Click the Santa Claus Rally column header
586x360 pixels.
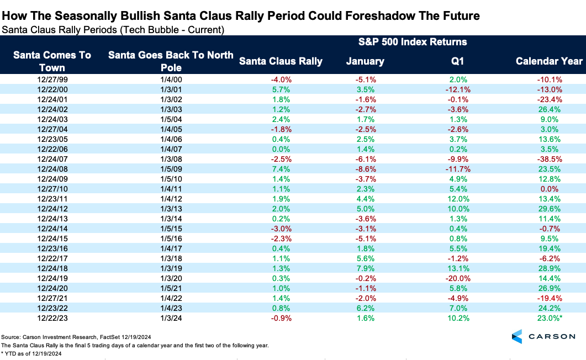coord(281,61)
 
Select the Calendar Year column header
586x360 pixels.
coord(549,61)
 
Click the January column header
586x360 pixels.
coord(365,61)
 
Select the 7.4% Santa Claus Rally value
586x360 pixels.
coord(281,168)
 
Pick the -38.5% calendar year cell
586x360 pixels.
coord(549,159)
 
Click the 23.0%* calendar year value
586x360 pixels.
coord(551,319)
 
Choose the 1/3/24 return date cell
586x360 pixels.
coord(171,319)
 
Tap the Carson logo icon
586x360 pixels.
coord(517,336)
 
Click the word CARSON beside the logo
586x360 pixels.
coord(553,336)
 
